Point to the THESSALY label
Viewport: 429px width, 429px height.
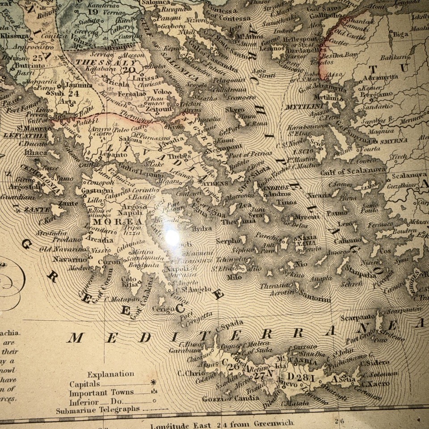95,63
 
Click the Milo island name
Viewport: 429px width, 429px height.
234,277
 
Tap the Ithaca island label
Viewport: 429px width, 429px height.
36,152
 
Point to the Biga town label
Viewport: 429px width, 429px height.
401,33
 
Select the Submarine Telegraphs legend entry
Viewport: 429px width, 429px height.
98,409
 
